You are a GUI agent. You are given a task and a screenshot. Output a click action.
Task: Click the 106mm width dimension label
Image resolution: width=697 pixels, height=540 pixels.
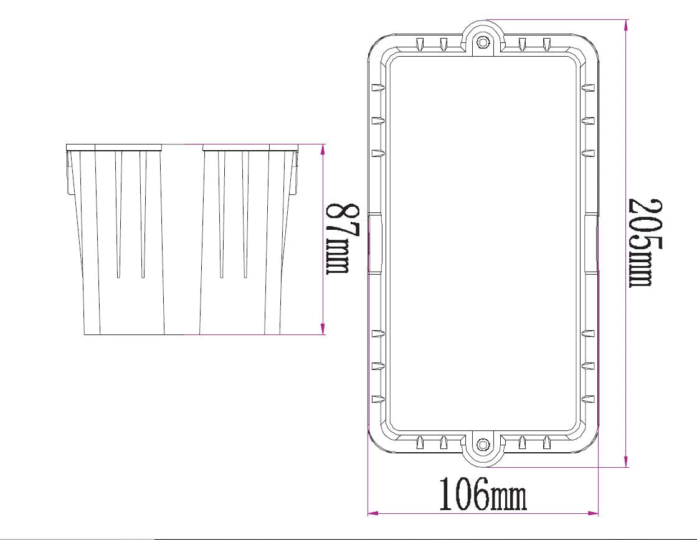483,495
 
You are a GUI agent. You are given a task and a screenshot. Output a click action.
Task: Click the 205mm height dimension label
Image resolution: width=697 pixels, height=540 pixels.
644,242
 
